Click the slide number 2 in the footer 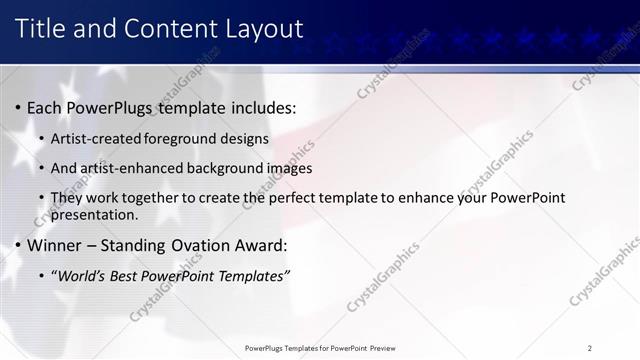[x=590, y=348]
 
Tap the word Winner [x=54, y=245]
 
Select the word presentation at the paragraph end [x=94, y=214]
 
